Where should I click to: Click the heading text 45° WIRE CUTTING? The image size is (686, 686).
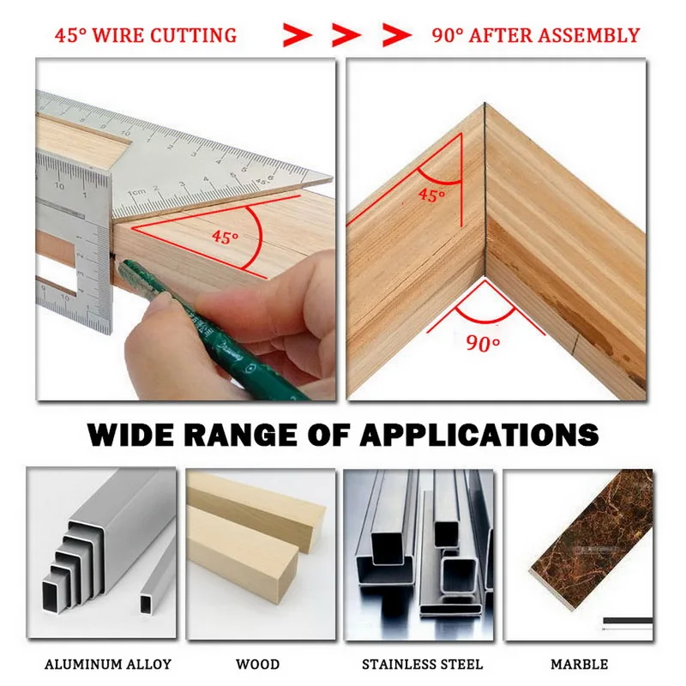point(146,36)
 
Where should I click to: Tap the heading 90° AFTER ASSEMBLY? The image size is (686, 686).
point(536,36)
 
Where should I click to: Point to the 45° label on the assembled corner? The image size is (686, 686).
point(431,196)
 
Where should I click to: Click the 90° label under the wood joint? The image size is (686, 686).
point(483,344)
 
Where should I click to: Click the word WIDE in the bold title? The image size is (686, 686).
point(137,434)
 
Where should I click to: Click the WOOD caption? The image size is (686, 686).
point(257,664)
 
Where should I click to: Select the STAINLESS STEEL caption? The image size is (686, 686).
point(422,664)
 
